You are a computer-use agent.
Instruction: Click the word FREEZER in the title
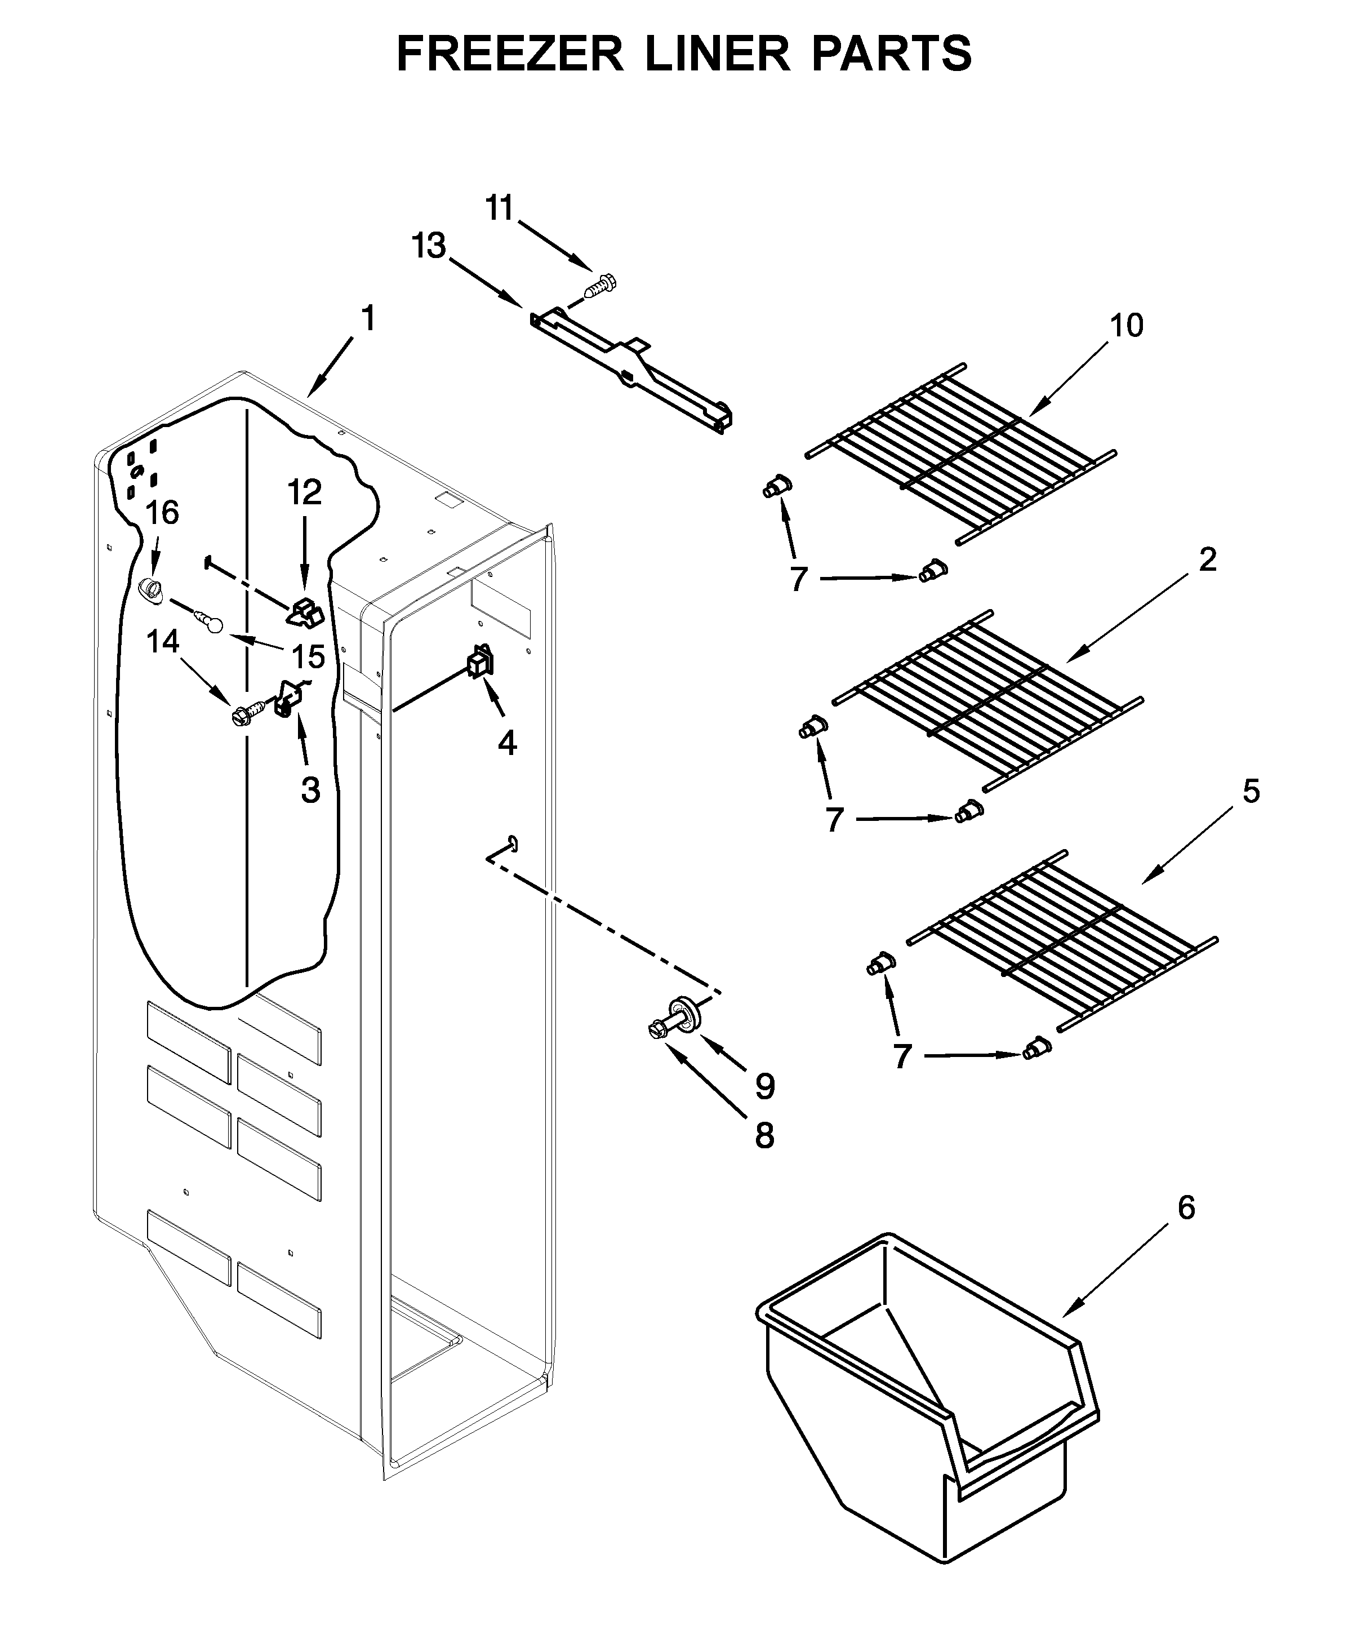tap(510, 54)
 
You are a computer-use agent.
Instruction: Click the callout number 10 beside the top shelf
tap(1127, 326)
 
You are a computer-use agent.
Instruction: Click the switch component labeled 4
tap(479, 662)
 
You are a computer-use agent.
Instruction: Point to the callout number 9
tap(765, 1087)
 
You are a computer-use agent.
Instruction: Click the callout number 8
tap(765, 1136)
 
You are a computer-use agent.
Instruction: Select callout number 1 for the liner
tap(368, 318)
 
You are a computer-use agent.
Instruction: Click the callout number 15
tap(308, 656)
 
